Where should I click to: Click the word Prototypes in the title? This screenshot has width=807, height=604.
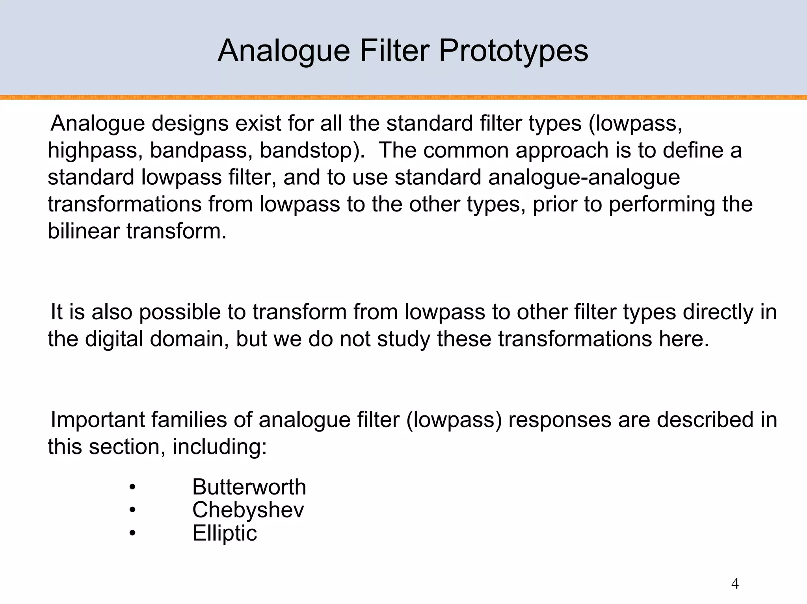[x=513, y=51]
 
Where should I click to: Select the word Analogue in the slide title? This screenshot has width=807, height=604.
[x=284, y=51]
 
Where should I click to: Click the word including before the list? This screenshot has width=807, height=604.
[x=219, y=447]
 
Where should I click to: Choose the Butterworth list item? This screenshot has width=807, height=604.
[x=249, y=487]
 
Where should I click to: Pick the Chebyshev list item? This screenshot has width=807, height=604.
[x=248, y=510]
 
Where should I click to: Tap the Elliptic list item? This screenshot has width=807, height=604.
[x=225, y=534]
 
